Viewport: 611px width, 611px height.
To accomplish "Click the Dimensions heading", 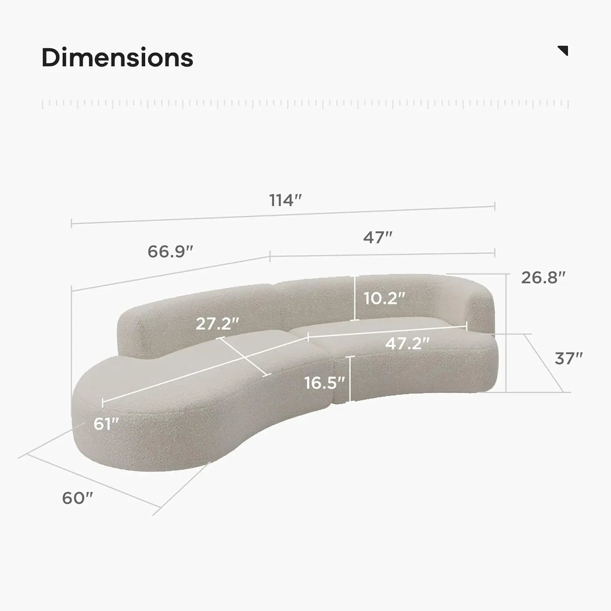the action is (x=117, y=57).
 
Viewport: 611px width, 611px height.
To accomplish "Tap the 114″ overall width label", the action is (x=286, y=200).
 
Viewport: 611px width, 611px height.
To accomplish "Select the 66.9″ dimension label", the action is (x=170, y=251).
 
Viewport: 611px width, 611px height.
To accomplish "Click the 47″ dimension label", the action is (x=378, y=237).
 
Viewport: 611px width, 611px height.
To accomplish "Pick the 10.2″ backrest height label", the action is (x=385, y=299).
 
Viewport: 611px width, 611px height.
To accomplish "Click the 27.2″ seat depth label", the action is (x=217, y=323).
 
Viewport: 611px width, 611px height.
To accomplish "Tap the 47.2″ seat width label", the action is (x=408, y=343).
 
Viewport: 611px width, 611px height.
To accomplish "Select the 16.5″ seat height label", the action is (x=325, y=382).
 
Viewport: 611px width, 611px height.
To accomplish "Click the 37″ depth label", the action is (x=569, y=358).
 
